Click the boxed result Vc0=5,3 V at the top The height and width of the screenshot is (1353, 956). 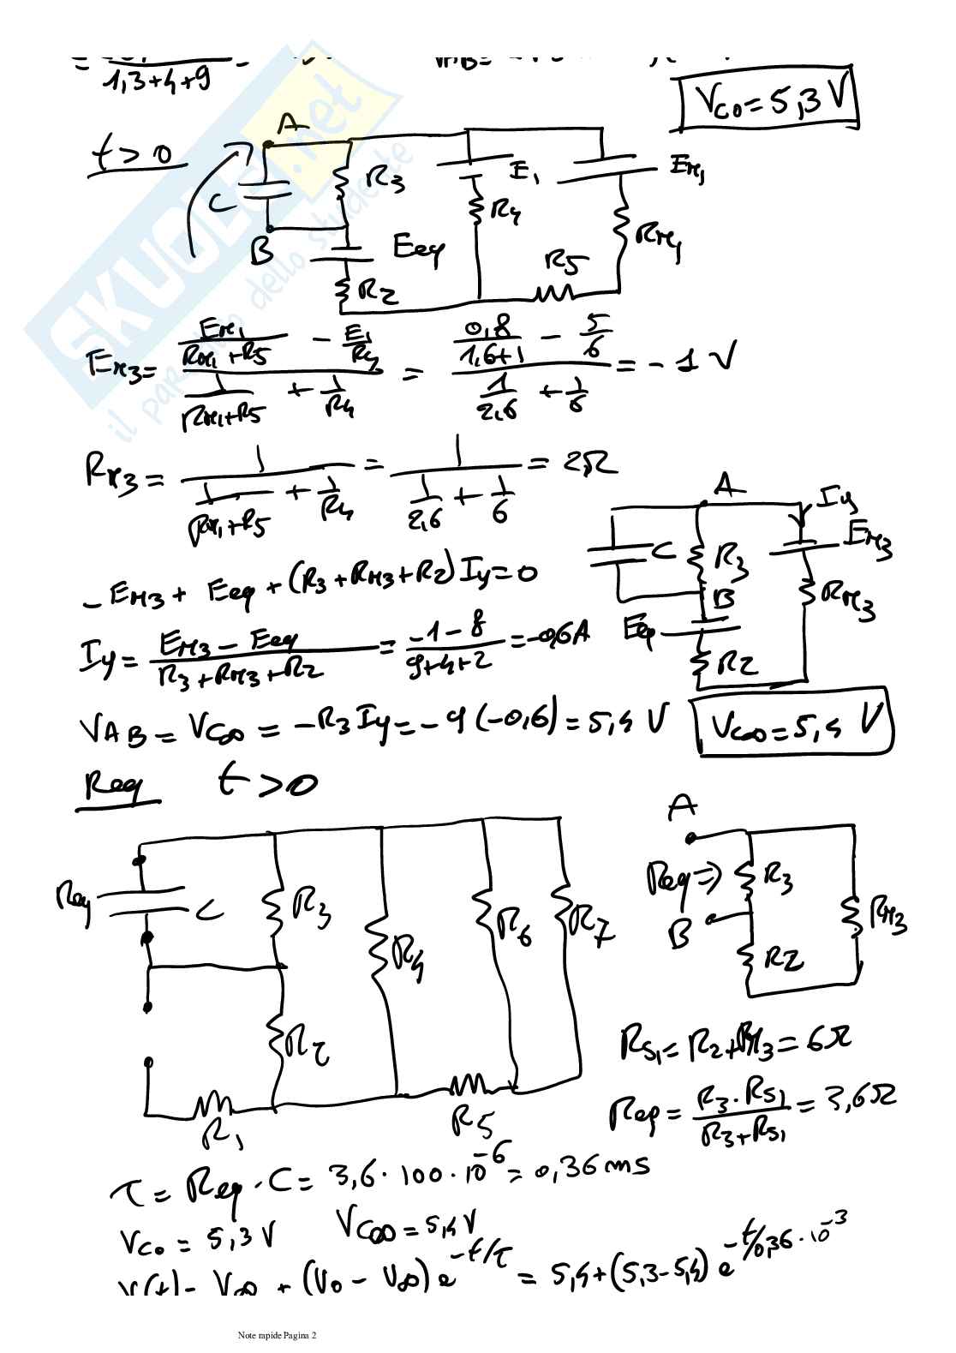[x=768, y=105]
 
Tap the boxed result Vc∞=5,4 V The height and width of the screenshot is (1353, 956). [x=795, y=727]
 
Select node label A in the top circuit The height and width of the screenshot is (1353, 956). [x=291, y=124]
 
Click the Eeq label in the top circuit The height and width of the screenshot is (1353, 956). [x=419, y=248]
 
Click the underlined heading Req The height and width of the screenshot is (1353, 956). [x=118, y=786]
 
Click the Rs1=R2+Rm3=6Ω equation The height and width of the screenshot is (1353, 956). [x=734, y=1042]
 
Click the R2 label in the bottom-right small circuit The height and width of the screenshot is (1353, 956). [x=783, y=961]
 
